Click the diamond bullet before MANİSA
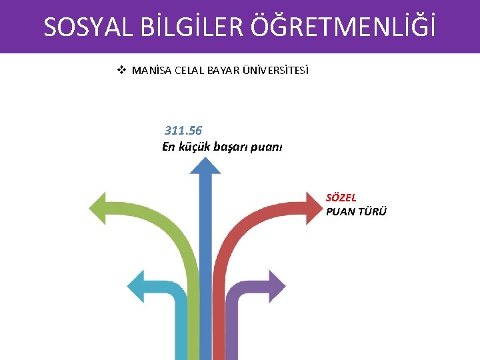(x=122, y=70)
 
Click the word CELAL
(x=189, y=71)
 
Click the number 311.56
(x=183, y=130)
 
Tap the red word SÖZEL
(x=341, y=197)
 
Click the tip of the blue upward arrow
(x=205, y=160)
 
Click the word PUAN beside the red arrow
(x=339, y=211)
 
